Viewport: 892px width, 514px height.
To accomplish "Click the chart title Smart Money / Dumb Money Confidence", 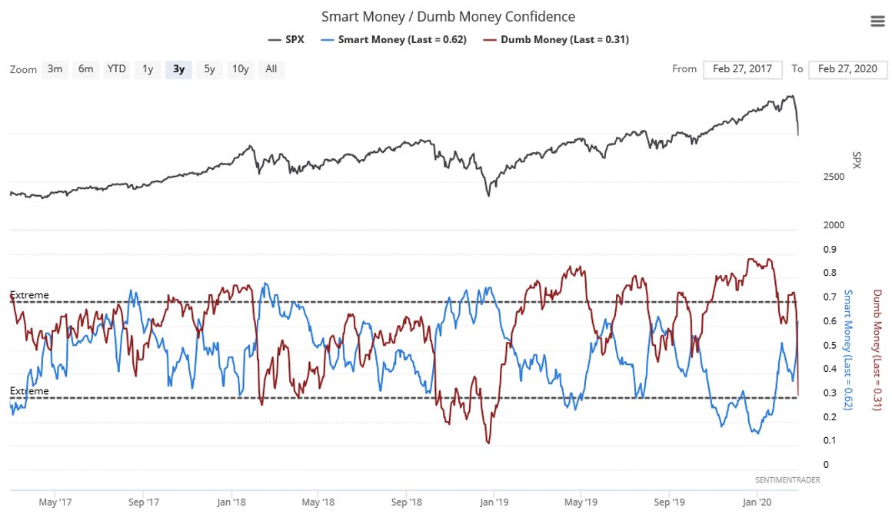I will (448, 16).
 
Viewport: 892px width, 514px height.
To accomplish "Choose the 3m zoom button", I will (55, 69).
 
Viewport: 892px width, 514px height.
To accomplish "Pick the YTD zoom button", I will (116, 69).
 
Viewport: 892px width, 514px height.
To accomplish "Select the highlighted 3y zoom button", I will (178, 69).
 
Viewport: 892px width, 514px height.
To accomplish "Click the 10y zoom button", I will (241, 69).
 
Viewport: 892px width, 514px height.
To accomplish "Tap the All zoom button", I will (271, 69).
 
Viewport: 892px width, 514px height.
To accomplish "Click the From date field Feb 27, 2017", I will (742, 69).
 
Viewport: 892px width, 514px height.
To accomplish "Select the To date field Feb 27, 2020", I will (847, 69).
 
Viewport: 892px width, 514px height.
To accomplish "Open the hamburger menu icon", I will (877, 22).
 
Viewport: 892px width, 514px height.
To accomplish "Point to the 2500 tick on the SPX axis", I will (813, 177).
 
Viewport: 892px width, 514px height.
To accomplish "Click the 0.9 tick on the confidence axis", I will (809, 250).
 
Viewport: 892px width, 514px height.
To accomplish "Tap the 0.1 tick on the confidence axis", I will (809, 440).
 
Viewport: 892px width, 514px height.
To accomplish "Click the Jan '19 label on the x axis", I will (493, 502).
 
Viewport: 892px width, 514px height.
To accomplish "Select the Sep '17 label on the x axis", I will (144, 502).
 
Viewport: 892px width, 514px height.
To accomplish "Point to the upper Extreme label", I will (29, 295).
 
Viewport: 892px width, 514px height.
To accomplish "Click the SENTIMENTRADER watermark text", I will (787, 480).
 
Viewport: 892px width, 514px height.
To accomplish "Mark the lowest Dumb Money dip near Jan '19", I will (488, 443).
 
